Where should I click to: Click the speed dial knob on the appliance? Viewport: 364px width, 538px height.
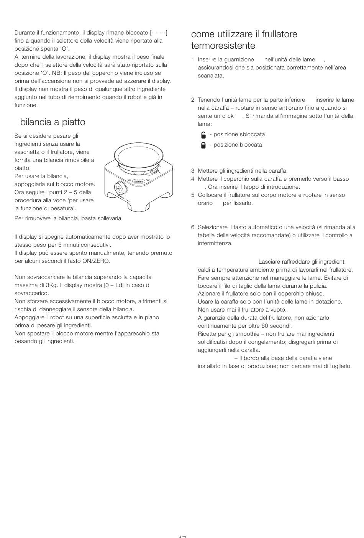[120, 189]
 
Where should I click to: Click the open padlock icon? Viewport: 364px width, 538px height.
[203, 135]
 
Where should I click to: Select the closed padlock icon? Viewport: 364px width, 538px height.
[203, 145]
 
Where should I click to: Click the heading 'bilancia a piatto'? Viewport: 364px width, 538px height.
[53, 122]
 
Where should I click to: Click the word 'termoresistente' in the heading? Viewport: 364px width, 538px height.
[223, 46]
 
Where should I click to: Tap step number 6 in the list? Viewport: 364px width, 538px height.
[193, 227]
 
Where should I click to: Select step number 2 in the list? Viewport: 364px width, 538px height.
[193, 100]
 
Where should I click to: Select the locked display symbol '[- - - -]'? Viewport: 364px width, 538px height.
[159, 33]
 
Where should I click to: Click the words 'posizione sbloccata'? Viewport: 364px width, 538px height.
[239, 134]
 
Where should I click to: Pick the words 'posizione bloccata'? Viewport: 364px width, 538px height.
[238, 145]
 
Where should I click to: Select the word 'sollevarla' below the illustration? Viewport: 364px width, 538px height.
[110, 218]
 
